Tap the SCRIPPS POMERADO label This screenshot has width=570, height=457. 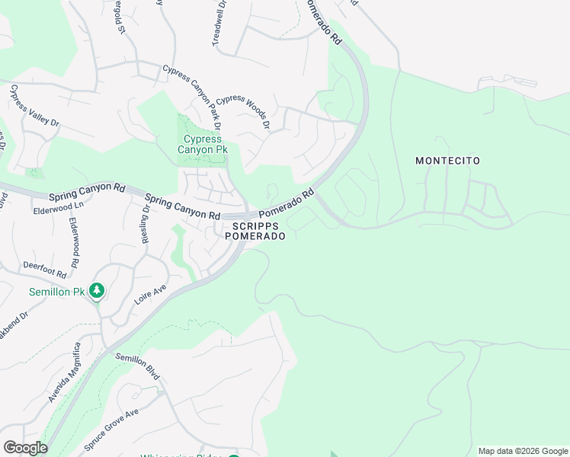(x=255, y=231)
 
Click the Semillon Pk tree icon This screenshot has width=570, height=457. (x=97, y=290)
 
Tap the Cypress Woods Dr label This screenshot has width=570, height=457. (x=243, y=111)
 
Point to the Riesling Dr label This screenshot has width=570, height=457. (x=145, y=223)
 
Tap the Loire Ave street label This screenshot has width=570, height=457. (x=150, y=293)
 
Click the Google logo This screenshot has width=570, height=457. (x=25, y=448)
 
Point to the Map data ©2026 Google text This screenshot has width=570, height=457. (x=522, y=450)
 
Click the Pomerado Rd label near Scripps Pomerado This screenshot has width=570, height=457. (x=287, y=203)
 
